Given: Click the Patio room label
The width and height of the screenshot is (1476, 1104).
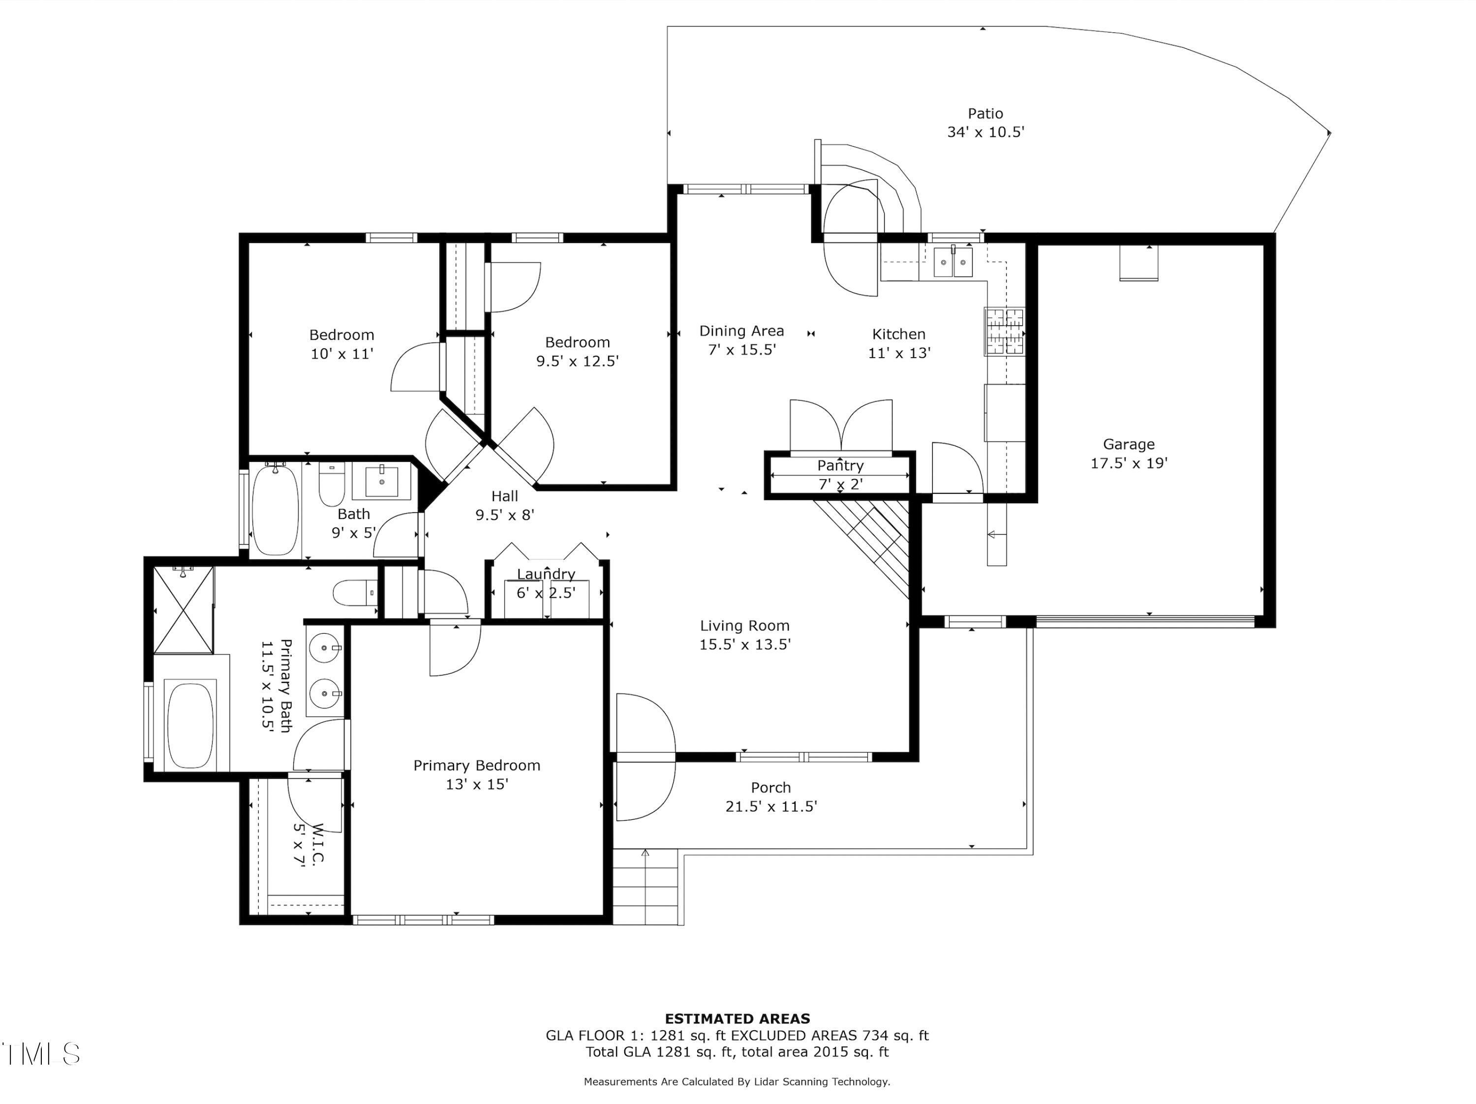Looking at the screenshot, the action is (x=985, y=114).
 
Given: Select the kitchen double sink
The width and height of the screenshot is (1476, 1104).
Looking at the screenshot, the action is (x=953, y=262).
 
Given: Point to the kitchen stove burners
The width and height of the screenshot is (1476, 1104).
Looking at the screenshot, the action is (x=1004, y=331).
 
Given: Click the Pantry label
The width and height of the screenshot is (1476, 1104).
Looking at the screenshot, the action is (x=840, y=465).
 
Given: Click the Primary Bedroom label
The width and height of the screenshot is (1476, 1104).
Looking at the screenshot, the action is (x=476, y=765).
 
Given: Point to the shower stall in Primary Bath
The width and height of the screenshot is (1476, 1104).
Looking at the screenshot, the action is (x=184, y=610).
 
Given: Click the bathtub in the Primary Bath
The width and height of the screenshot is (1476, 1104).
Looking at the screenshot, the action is (x=190, y=725).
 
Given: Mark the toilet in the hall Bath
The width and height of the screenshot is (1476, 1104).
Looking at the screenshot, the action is (x=331, y=484).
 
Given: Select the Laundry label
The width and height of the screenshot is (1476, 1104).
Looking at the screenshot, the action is (x=546, y=574).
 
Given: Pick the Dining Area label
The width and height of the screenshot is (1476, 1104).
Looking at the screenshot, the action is (x=741, y=331).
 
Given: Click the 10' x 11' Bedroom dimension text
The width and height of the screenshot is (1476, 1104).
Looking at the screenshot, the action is (x=341, y=354).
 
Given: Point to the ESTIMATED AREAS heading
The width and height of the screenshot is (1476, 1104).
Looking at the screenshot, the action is (x=738, y=1018).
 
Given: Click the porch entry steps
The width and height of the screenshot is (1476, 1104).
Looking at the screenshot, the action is (x=645, y=887).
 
